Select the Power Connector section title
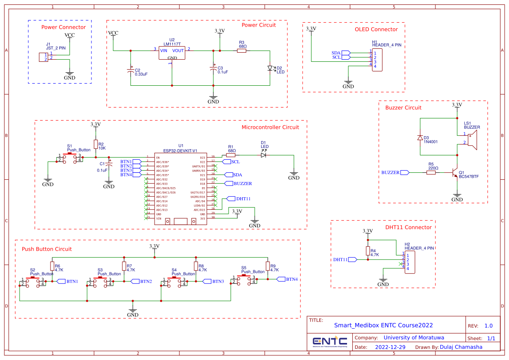(64, 27)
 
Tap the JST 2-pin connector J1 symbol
(43, 57)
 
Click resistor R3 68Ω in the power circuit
(242, 51)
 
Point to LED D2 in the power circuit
(270, 68)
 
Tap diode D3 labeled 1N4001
(420, 138)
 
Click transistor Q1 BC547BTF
(455, 173)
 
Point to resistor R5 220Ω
(431, 173)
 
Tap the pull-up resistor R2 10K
(95, 145)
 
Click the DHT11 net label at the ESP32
(242, 199)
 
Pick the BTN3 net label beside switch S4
(217, 282)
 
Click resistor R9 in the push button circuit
(268, 266)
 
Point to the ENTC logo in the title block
(330, 341)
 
